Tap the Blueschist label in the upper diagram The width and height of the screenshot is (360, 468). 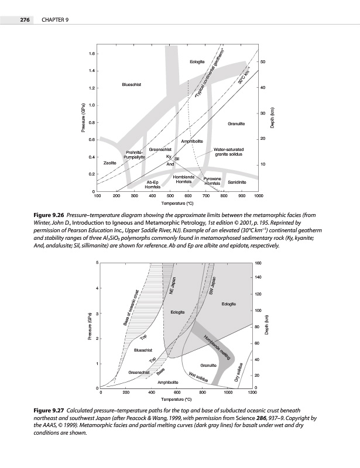131,85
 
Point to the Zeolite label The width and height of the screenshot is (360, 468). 109,162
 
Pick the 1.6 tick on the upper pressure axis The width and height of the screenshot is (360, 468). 92,54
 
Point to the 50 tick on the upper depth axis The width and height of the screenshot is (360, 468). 263,61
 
